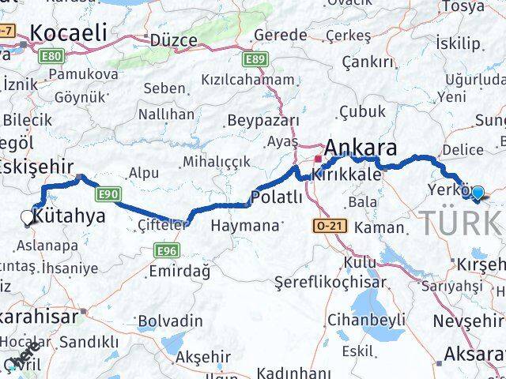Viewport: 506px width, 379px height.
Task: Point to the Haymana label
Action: tap(245, 226)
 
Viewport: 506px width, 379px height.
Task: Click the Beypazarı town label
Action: tap(262, 120)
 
